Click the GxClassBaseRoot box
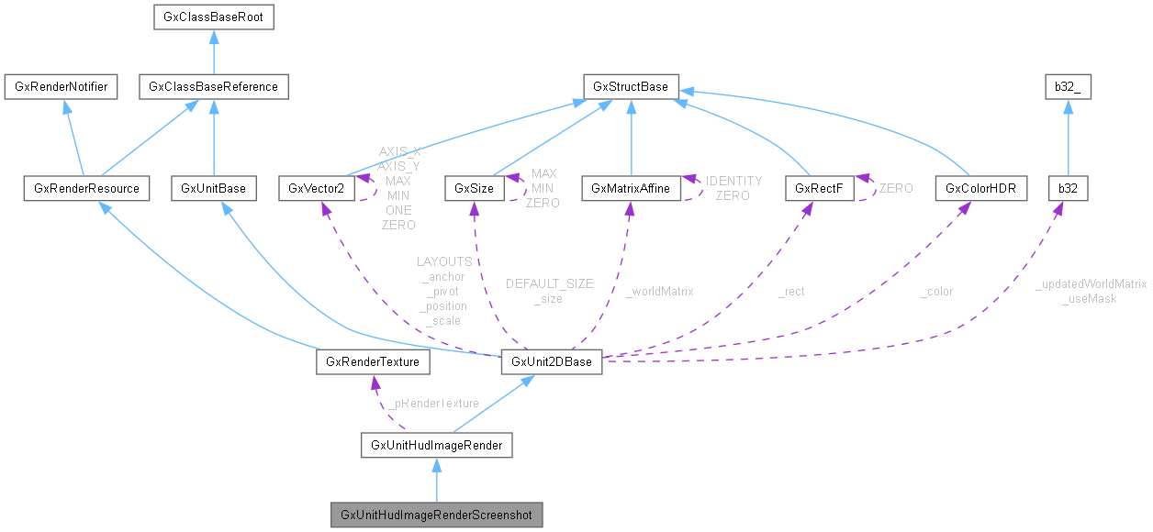[213, 17]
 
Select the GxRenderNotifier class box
[57, 87]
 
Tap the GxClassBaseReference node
[213, 87]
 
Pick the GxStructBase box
[631, 87]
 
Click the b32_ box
[1068, 87]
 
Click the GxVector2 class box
[316, 189]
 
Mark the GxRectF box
[807, 189]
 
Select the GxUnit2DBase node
[551, 362]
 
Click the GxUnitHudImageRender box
[436, 446]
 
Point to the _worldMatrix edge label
[659, 291]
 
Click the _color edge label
[936, 291]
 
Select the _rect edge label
[791, 291]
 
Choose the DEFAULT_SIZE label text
[549, 284]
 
